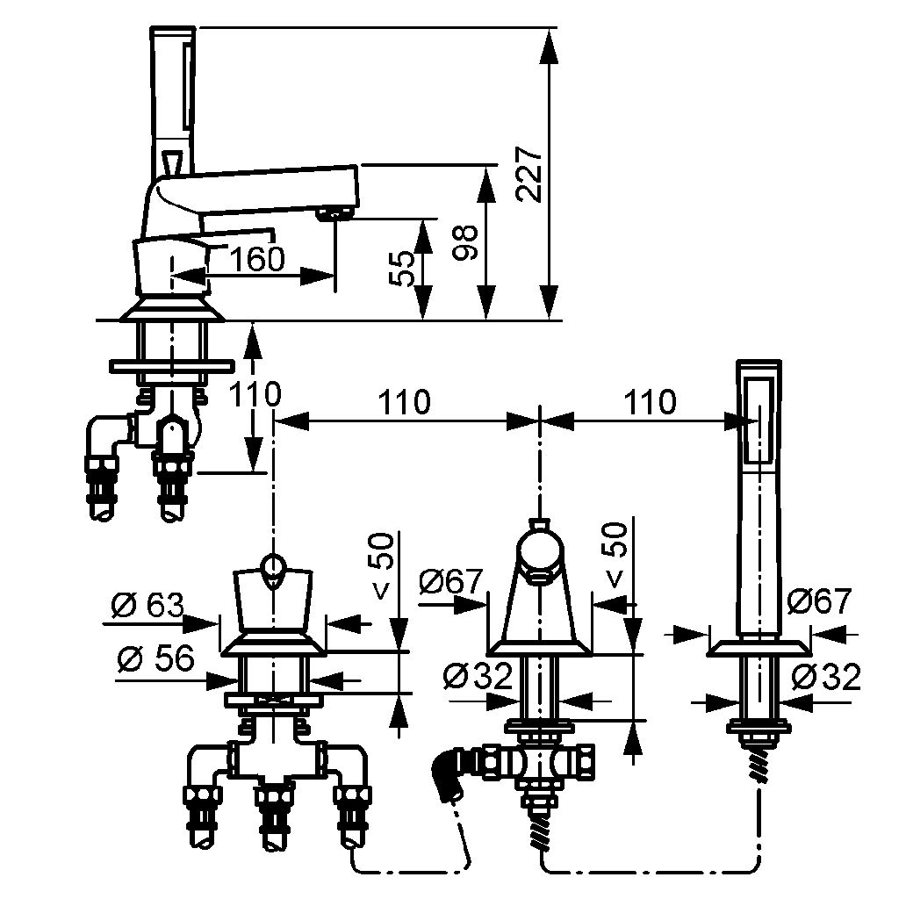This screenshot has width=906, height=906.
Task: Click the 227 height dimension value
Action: [x=529, y=174]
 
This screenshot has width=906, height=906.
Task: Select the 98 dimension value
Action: [x=465, y=243]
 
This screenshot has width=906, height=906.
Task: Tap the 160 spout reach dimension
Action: [x=257, y=259]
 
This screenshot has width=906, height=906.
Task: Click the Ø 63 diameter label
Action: [x=147, y=606]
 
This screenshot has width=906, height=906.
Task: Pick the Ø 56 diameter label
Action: [x=155, y=658]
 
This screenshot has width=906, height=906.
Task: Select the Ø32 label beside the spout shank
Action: [x=478, y=675]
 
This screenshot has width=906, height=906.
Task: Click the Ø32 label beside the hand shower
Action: [x=826, y=677]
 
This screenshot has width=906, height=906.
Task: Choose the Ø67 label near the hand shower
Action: [x=819, y=601]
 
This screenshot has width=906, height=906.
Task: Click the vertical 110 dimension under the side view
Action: [x=255, y=394]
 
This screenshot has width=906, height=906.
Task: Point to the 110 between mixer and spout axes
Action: [x=405, y=401]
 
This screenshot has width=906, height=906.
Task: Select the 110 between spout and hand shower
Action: [x=650, y=401]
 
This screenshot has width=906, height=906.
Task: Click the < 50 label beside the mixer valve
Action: [x=384, y=566]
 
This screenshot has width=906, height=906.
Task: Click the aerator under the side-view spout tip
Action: [x=334, y=214]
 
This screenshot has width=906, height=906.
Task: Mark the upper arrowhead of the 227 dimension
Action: [x=550, y=45]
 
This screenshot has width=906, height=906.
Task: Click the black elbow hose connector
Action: [x=448, y=773]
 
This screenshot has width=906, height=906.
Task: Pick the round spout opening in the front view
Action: [x=539, y=576]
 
